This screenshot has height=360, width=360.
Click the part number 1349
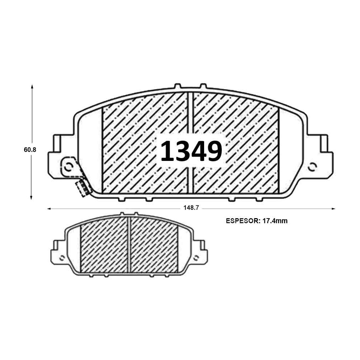tap(191, 151)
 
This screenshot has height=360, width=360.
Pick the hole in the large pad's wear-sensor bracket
tap(69, 166)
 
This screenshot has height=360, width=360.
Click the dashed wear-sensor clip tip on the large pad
tap(82, 188)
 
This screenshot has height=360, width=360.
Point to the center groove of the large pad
tap(190, 142)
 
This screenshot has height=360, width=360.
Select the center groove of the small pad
tap(129, 245)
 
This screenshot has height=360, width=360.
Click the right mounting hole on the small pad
tap(196, 257)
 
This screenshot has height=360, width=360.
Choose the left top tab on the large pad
tap(177, 86)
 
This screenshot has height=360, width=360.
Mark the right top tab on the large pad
tap(203, 86)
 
